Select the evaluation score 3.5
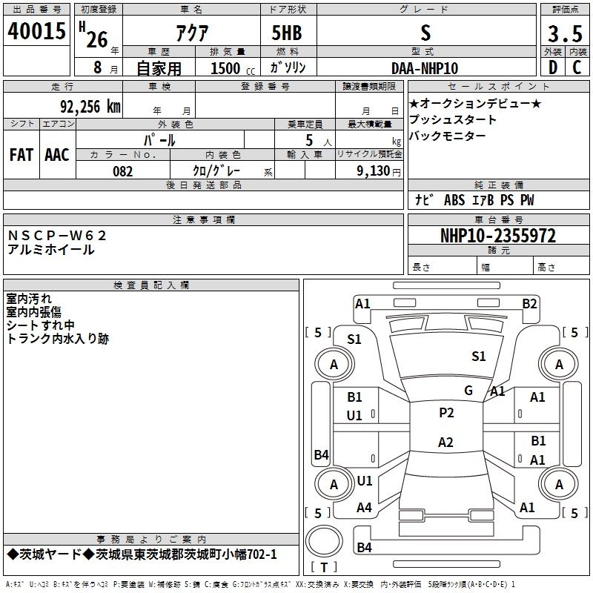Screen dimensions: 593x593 coord(564,34)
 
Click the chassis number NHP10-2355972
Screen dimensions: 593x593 coord(498,236)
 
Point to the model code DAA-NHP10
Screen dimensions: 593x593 coord(425,67)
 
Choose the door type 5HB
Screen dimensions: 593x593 coord(287,33)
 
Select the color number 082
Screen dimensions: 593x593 coord(122,171)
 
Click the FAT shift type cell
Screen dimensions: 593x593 coord(21,155)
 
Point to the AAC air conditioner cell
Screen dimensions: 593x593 coord(56,155)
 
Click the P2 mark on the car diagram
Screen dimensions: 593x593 coord(446,413)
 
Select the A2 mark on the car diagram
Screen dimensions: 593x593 coord(445,443)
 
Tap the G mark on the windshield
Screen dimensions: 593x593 coord(468,391)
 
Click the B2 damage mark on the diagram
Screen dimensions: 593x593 coord(529,303)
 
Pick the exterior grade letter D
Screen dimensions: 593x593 coord(552,67)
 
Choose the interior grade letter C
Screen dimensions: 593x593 coord(577,67)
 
